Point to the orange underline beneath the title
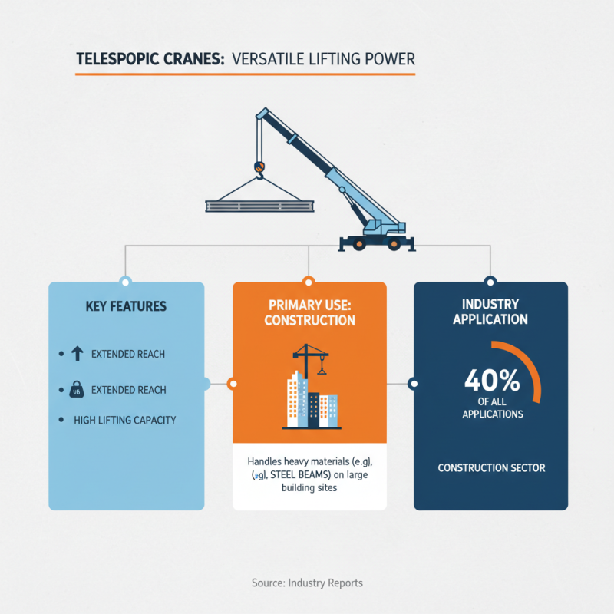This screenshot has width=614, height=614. (x=245, y=74)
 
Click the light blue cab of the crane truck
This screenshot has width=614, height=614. (x=376, y=226)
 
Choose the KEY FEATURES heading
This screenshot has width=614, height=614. (x=127, y=306)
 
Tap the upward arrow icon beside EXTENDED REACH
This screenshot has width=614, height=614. (x=76, y=354)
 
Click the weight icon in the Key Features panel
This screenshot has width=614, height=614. (x=76, y=391)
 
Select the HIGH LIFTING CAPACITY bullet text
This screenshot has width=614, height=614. (x=125, y=420)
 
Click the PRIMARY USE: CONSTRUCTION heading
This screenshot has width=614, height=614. (x=309, y=312)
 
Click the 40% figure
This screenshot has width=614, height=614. (x=492, y=380)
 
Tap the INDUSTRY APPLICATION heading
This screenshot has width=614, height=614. (x=490, y=312)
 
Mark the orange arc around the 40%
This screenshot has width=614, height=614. (x=534, y=372)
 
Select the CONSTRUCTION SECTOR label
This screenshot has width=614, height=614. (x=491, y=467)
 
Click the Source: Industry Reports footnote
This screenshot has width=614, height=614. (x=307, y=583)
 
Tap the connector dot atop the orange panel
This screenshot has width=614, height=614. (x=309, y=281)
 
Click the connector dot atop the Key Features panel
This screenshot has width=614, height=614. (x=126, y=281)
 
